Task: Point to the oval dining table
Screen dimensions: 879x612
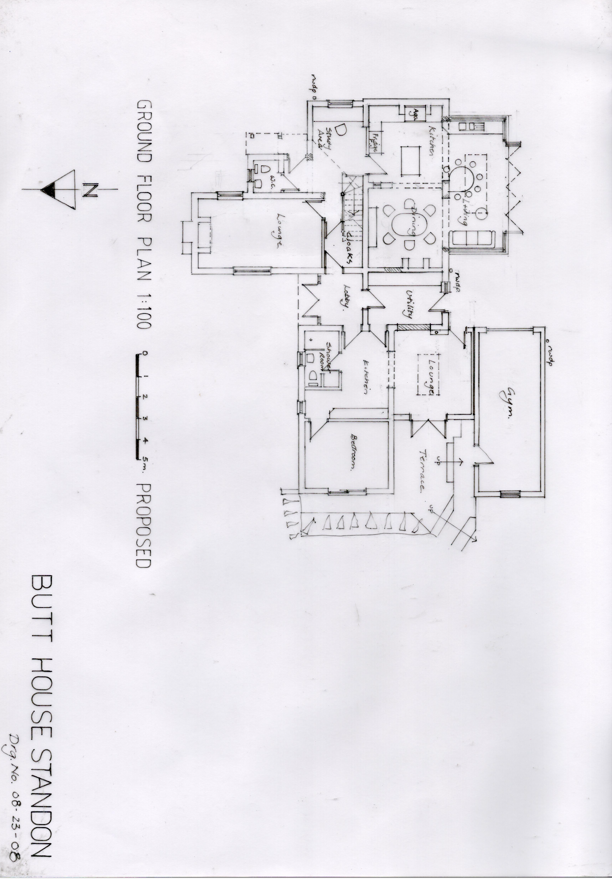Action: pyautogui.click(x=410, y=224)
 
